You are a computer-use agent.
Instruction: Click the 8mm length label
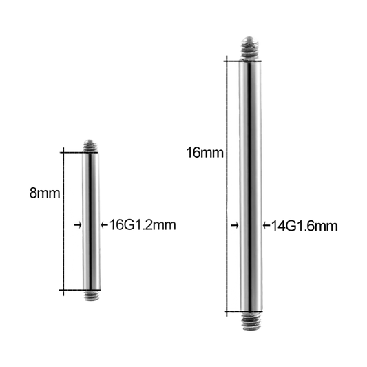click(x=45, y=193)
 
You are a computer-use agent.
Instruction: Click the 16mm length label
click(x=205, y=153)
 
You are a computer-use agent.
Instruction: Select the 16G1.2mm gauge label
click(x=143, y=225)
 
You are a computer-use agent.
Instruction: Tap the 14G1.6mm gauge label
click(x=304, y=227)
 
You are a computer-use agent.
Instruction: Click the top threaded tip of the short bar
click(x=90, y=146)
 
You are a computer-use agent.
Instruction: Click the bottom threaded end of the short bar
click(x=92, y=295)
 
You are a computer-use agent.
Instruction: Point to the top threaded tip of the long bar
click(x=249, y=48)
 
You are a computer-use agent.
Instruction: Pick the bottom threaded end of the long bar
click(x=251, y=321)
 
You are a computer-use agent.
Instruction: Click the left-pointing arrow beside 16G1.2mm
click(x=105, y=225)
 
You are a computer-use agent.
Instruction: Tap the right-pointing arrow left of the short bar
click(x=78, y=225)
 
